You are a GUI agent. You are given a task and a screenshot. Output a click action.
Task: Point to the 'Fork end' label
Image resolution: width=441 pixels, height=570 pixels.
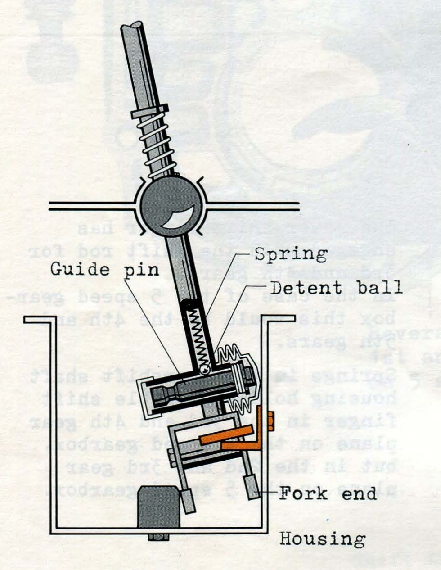327,493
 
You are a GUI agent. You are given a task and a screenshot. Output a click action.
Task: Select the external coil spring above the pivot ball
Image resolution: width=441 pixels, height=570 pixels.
155,140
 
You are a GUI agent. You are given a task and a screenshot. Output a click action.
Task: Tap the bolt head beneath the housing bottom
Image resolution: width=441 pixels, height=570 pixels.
158,537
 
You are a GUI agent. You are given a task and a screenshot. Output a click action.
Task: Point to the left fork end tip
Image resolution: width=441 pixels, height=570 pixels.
189,502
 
